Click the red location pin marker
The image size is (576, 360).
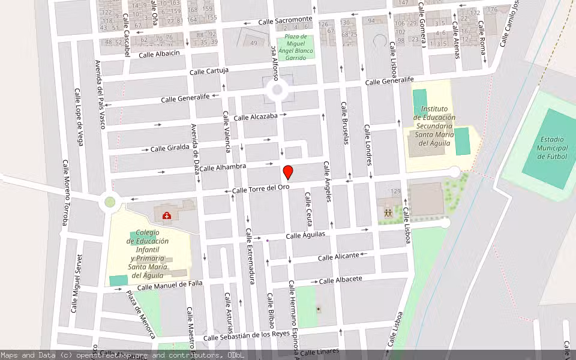point(288,173)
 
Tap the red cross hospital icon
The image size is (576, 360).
point(166,215)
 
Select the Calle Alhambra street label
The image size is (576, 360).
point(223,168)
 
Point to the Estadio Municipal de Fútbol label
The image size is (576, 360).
point(544,148)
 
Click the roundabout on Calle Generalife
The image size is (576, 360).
point(277,91)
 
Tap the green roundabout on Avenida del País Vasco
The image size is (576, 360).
point(110,202)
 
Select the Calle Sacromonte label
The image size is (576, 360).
point(285,21)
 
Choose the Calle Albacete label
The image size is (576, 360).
point(341,280)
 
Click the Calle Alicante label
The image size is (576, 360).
point(338,257)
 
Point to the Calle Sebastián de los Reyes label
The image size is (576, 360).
point(247,336)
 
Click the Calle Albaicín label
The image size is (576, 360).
point(160,54)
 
